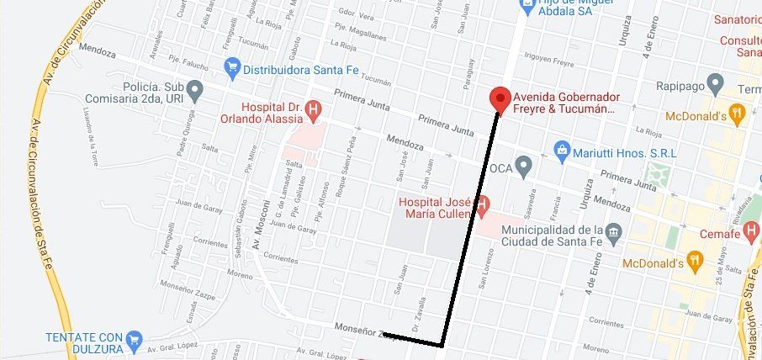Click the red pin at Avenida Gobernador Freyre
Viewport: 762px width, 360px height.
click(x=500, y=98)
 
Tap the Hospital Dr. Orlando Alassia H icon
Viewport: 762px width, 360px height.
click(x=313, y=108)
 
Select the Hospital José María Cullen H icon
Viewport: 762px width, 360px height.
click(x=483, y=203)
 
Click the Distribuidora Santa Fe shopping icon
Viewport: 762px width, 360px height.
click(x=232, y=66)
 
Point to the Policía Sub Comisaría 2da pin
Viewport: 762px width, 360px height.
click(x=195, y=87)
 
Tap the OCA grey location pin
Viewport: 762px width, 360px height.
click(x=523, y=166)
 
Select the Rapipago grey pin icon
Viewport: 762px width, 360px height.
click(x=716, y=83)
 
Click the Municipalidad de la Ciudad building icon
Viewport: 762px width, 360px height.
click(x=614, y=231)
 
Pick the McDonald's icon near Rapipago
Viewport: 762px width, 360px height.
click(x=737, y=112)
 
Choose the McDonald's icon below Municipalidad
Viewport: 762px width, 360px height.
click(x=695, y=262)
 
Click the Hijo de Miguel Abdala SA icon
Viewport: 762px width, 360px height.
click(x=527, y=5)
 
